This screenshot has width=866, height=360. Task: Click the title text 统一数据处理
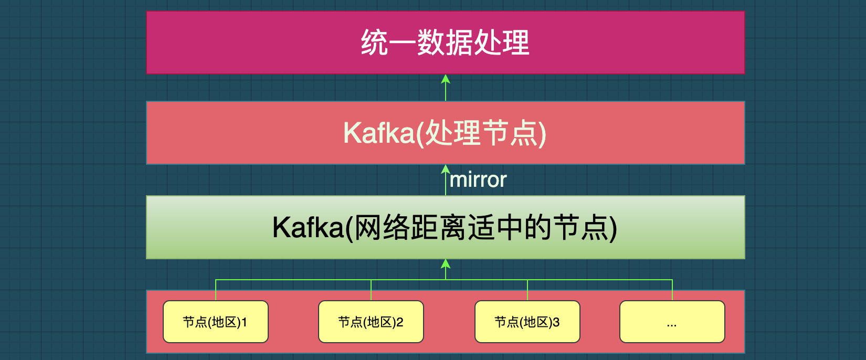(446, 43)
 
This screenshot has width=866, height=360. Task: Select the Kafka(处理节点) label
(445, 133)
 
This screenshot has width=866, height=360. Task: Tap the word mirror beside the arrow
(478, 180)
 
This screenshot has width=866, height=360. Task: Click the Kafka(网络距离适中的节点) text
(445, 228)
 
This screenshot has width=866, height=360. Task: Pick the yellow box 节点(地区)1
(216, 322)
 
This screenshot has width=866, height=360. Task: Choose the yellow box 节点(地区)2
(371, 322)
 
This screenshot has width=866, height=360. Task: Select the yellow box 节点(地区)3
(527, 322)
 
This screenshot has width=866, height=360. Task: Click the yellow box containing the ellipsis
(672, 322)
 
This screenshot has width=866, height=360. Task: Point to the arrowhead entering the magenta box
(446, 79)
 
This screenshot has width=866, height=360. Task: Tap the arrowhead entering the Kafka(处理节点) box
(446, 169)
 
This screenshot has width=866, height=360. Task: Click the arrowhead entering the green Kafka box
(446, 264)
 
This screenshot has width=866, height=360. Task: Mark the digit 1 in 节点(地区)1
(245, 323)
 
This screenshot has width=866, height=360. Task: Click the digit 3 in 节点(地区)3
(556, 323)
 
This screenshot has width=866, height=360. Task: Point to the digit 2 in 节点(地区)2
(400, 323)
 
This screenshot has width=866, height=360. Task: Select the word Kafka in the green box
(308, 228)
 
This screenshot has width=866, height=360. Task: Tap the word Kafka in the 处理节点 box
(379, 133)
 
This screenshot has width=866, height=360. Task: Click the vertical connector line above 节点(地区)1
(216, 290)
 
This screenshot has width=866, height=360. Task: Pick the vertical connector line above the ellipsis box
(672, 290)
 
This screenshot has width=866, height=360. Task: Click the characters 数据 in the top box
(445, 43)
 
